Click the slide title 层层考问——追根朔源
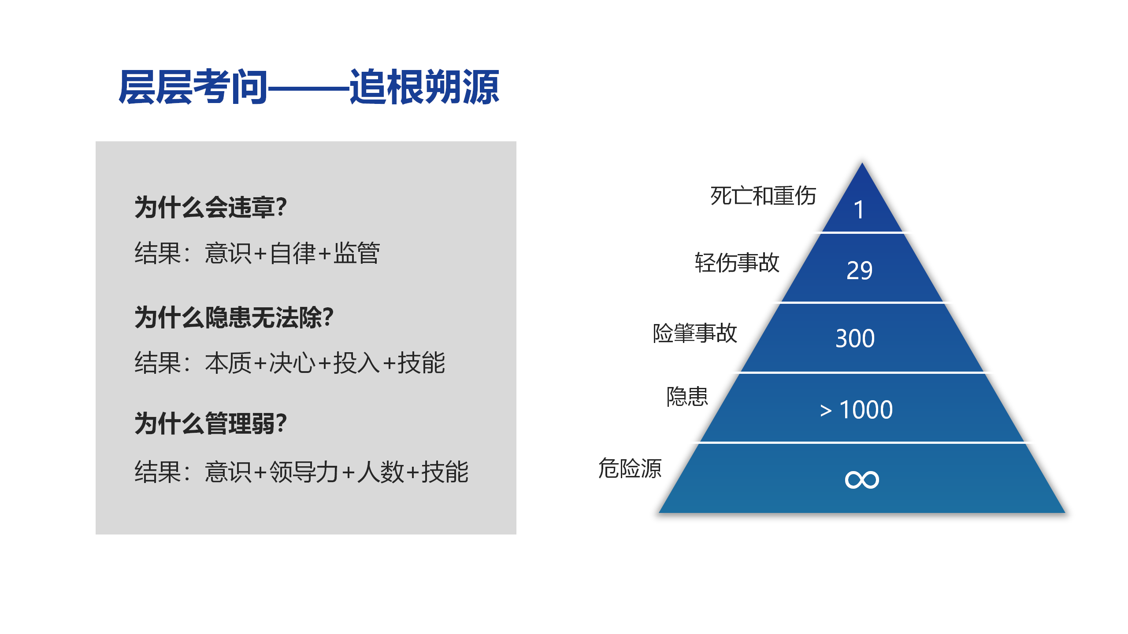(309, 87)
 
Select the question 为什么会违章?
(211, 207)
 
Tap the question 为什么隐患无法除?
(234, 317)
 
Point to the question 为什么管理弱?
(211, 424)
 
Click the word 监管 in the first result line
(357, 253)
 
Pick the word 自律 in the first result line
(293, 253)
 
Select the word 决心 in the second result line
(293, 363)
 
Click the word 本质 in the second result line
(228, 363)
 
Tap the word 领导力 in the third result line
(304, 472)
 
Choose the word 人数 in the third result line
(380, 472)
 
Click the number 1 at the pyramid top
(858, 210)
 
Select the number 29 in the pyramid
(859, 270)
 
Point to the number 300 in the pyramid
(855, 339)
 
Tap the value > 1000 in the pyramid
(857, 410)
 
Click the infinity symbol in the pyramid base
(862, 479)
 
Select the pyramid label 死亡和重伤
(763, 196)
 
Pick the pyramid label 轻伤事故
(737, 263)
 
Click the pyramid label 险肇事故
(695, 333)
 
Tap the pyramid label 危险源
(630, 468)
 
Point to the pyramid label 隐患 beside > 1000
(687, 397)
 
